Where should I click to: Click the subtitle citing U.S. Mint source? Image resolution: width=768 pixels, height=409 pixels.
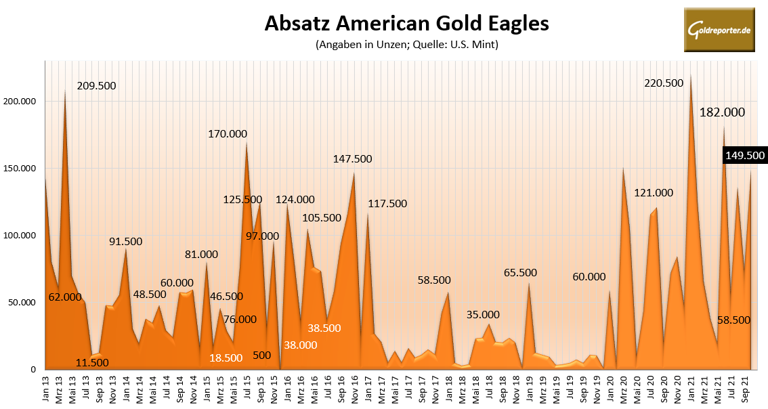(406, 45)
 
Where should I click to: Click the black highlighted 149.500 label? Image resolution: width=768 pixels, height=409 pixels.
(744, 155)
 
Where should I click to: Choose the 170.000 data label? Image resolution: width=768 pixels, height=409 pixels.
(227, 134)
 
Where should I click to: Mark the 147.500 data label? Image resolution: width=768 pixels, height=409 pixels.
(352, 158)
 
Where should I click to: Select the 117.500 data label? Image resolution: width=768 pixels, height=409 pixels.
(387, 203)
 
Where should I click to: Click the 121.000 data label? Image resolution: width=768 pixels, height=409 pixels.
(654, 193)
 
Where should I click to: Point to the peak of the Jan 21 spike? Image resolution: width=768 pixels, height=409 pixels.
(690, 75)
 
